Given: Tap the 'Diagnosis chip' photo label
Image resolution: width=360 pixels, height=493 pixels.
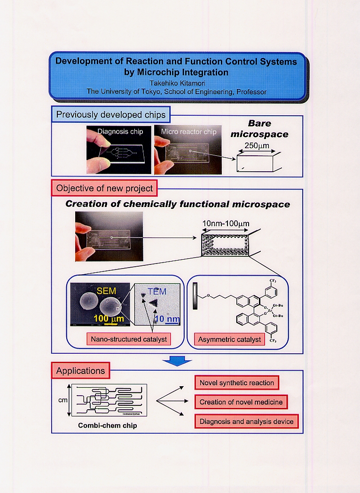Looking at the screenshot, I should click(x=120, y=132).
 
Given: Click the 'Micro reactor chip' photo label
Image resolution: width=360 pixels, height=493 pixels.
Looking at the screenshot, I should click(x=188, y=132).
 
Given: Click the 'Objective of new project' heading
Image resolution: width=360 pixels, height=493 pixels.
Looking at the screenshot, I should click(x=104, y=188).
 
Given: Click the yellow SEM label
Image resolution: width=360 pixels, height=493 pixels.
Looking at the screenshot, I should click(x=106, y=291).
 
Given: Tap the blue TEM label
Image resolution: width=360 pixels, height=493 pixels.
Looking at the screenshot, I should click(x=157, y=291).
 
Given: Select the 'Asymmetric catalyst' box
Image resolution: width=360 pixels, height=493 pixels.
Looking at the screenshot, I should click(x=229, y=339).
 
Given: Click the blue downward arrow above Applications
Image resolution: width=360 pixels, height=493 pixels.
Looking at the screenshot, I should click(x=177, y=360).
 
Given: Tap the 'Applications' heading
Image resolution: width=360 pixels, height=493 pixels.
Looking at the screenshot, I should click(x=80, y=371).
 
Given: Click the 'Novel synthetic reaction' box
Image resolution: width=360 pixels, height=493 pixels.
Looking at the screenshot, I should click(x=236, y=383).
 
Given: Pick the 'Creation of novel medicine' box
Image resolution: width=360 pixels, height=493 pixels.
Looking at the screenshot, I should click(x=241, y=402).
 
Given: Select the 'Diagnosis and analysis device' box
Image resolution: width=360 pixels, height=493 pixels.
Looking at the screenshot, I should click(x=246, y=421).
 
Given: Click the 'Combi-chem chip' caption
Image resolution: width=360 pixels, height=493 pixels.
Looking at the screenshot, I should click(x=108, y=426).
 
